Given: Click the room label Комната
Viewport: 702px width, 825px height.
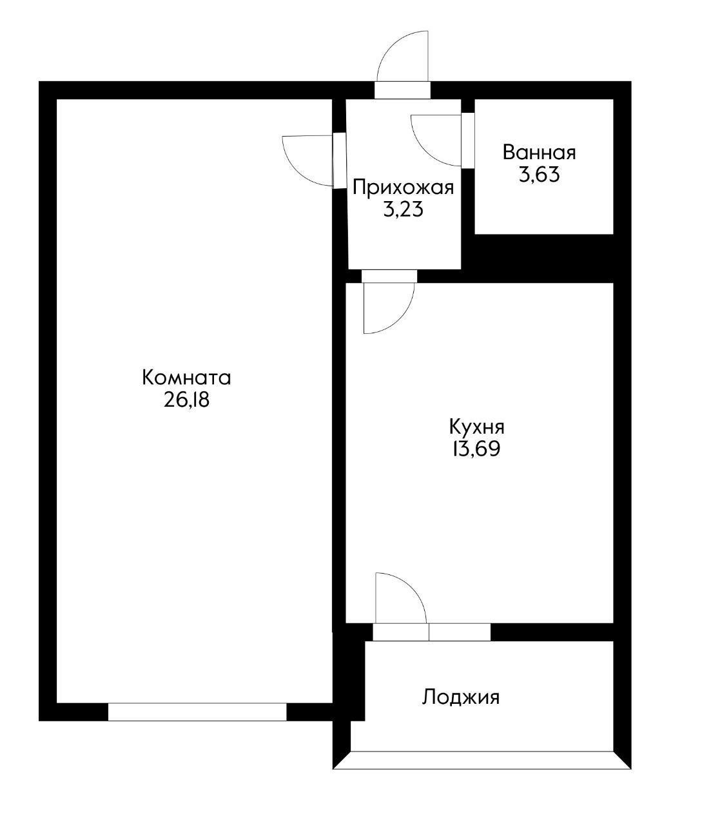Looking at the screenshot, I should point(186,378).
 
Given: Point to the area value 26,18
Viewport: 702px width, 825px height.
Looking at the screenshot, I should point(187,400).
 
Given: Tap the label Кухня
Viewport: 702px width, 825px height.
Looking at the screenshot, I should point(476,427).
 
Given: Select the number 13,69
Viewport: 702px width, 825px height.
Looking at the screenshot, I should point(476,449).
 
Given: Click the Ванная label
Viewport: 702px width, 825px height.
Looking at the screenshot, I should point(539,153).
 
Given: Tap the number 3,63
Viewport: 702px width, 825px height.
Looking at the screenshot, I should point(539,175).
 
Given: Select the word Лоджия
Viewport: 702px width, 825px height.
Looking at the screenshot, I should point(461,697).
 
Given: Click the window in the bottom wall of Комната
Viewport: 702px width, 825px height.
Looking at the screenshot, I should point(197,712).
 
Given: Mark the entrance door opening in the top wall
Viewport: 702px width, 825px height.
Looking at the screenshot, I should point(402,90).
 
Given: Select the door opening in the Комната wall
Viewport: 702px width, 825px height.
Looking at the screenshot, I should point(339,161).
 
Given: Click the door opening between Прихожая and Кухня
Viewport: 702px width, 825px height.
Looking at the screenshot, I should point(389,277).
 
